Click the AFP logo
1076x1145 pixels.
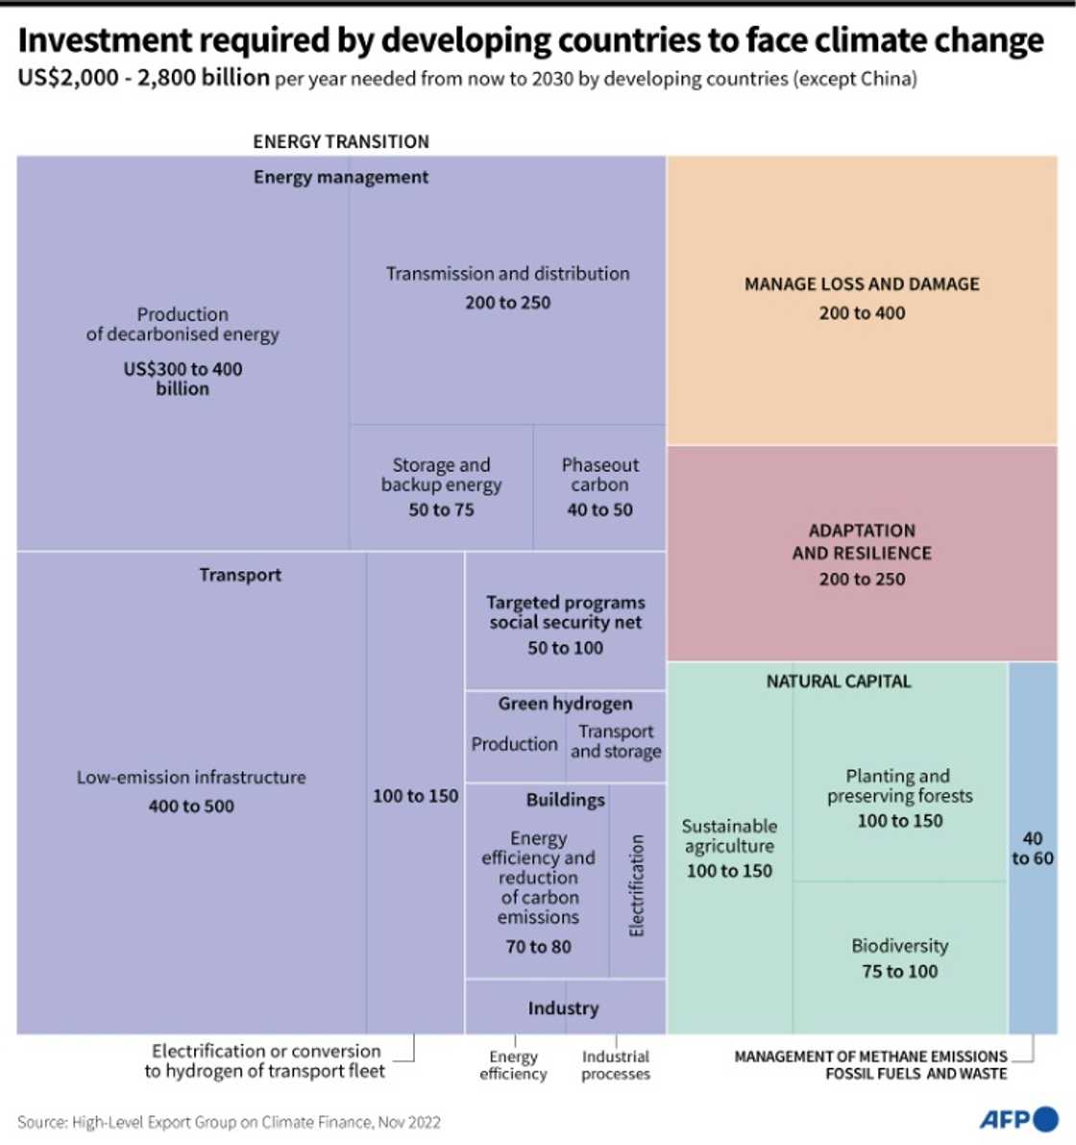1017,1119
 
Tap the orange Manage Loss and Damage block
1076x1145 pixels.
862,300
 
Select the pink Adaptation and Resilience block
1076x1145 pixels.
862,554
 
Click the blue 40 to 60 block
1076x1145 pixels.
1033,848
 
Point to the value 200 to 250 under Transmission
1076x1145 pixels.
508,303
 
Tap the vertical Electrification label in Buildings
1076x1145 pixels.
637,885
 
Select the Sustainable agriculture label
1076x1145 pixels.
729,835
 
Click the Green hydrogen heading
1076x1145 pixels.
565,704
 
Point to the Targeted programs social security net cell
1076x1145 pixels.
565,623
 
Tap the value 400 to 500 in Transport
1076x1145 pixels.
191,807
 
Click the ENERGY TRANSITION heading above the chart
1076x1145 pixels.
341,141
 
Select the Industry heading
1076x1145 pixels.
563,1008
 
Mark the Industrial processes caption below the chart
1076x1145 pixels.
616,1065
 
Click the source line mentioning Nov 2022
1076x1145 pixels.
229,1122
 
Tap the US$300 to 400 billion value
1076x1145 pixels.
183,379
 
